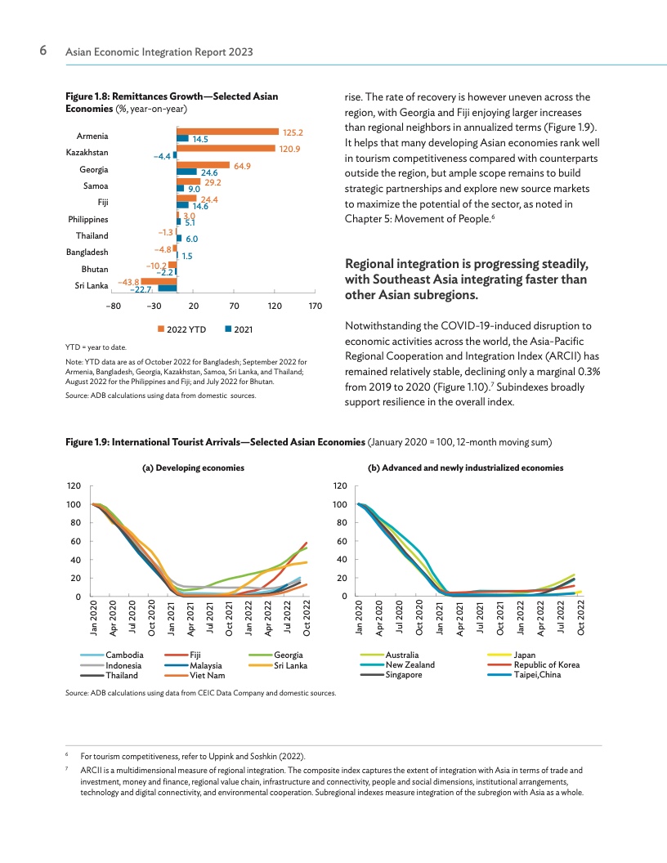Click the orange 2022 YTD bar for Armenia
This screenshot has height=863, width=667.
pos(228,132)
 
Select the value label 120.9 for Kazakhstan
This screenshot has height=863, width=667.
pos(289,150)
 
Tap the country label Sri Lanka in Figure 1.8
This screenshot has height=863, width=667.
pos(92,286)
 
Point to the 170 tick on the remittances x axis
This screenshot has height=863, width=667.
pos(316,306)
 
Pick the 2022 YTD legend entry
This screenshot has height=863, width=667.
pos(182,329)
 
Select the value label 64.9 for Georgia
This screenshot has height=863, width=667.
pos(242,166)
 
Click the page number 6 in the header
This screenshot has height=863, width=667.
pos(43,51)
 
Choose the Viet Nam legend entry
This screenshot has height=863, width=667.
pos(195,675)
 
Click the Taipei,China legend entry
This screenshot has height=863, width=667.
pos(525,675)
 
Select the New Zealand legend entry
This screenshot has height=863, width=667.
pos(397,665)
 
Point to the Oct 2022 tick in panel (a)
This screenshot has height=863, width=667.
pos(307,618)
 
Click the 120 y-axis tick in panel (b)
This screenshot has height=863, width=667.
pos(340,485)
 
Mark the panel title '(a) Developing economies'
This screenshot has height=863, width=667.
pos(193,467)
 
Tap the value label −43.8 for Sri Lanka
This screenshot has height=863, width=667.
pos(129,282)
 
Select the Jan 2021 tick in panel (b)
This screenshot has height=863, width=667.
pos(439,618)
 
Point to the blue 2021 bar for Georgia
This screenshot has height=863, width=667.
pos(186,172)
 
